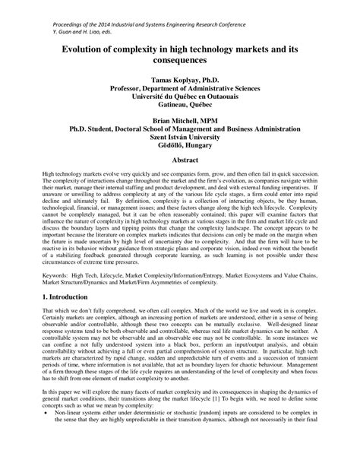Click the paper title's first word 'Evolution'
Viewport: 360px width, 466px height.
coord(76,46)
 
